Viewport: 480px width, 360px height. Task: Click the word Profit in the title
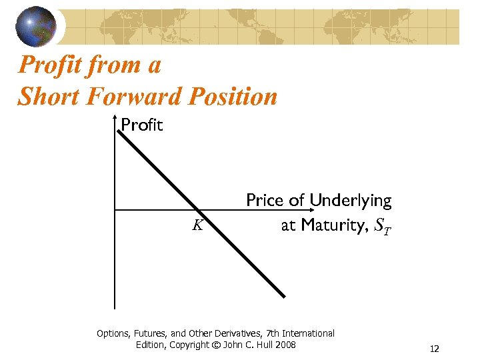pos(51,65)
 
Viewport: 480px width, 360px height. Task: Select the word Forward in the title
pos(126,97)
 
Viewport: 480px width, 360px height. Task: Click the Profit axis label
pos(142,125)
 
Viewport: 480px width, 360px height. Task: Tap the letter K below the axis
pos(197,225)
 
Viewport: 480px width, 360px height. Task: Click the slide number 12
pos(435,349)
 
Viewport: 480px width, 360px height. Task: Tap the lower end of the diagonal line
pos(283,296)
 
